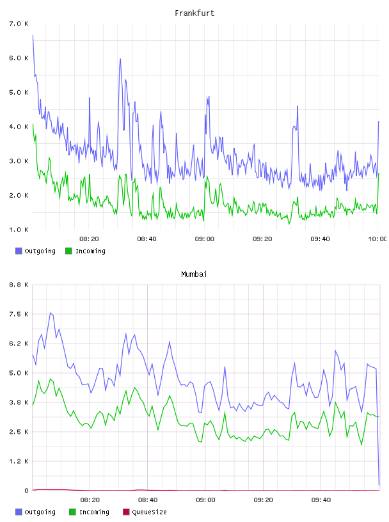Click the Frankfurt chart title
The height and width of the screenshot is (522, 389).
point(194,13)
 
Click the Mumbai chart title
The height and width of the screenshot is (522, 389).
point(194,274)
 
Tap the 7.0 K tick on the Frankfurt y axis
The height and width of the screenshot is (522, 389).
point(19,24)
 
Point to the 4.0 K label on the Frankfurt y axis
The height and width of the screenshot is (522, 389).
point(19,127)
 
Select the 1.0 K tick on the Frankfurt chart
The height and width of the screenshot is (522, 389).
point(19,230)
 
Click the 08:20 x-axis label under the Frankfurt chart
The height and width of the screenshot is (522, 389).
point(90,239)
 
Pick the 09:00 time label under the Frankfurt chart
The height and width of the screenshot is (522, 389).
point(205,239)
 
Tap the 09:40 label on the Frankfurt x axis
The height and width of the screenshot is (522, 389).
point(320,239)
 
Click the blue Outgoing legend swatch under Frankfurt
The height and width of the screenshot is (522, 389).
point(19,251)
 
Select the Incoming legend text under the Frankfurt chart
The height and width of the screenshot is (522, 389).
point(90,251)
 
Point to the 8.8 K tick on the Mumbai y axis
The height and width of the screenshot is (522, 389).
point(19,285)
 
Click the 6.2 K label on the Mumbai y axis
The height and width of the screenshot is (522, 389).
point(19,344)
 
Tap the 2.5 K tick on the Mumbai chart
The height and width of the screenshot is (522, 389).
point(19,432)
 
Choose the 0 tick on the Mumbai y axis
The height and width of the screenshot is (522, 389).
point(26,491)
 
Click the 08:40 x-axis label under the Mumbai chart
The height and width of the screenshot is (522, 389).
point(148,500)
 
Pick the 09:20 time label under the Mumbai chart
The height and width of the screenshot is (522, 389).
point(263,500)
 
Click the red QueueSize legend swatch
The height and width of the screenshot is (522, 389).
point(126,512)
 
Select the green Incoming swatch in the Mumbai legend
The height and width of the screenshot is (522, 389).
point(72,512)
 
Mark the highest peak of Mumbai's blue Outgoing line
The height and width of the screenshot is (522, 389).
point(51,313)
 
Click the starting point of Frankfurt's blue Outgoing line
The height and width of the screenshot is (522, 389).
point(33,35)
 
